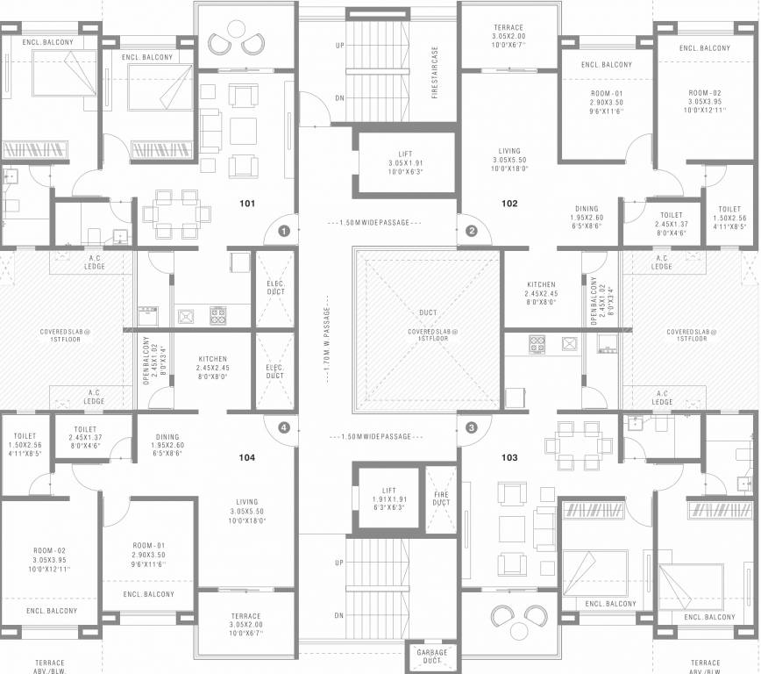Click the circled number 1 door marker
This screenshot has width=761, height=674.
283,232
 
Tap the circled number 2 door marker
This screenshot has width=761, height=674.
472,232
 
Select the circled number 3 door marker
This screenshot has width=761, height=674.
472,427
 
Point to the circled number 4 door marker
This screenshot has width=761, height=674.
283,427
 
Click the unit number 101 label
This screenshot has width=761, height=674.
247,204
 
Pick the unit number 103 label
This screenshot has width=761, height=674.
509,457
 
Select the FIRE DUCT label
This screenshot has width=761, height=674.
441,498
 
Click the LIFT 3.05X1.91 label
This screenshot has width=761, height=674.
405,163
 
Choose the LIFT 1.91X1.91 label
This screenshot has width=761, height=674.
389,498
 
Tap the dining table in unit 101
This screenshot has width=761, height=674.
175,213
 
